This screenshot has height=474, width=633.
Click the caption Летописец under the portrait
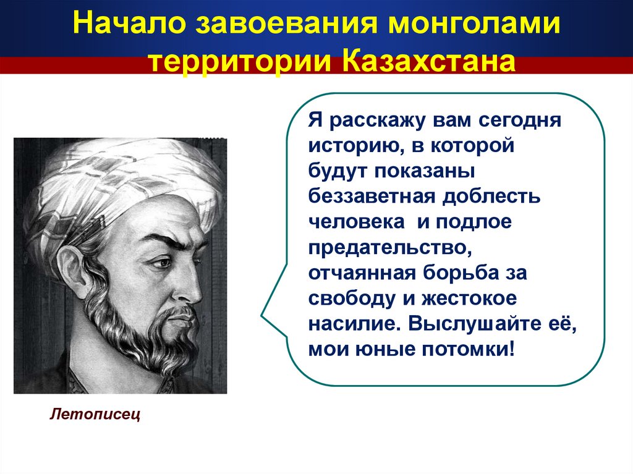(95, 414)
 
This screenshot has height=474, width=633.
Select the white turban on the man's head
(121, 190)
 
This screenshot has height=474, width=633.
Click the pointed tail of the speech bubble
(261, 315)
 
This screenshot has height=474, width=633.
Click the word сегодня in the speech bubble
(520, 121)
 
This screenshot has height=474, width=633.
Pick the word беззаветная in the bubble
(372, 197)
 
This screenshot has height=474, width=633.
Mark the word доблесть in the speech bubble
(491, 197)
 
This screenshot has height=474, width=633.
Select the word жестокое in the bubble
(469, 298)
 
